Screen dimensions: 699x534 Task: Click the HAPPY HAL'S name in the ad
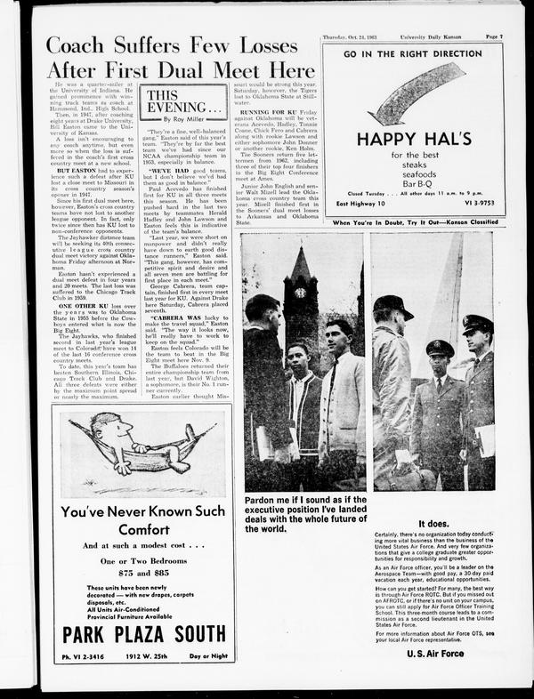click(x=413, y=139)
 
